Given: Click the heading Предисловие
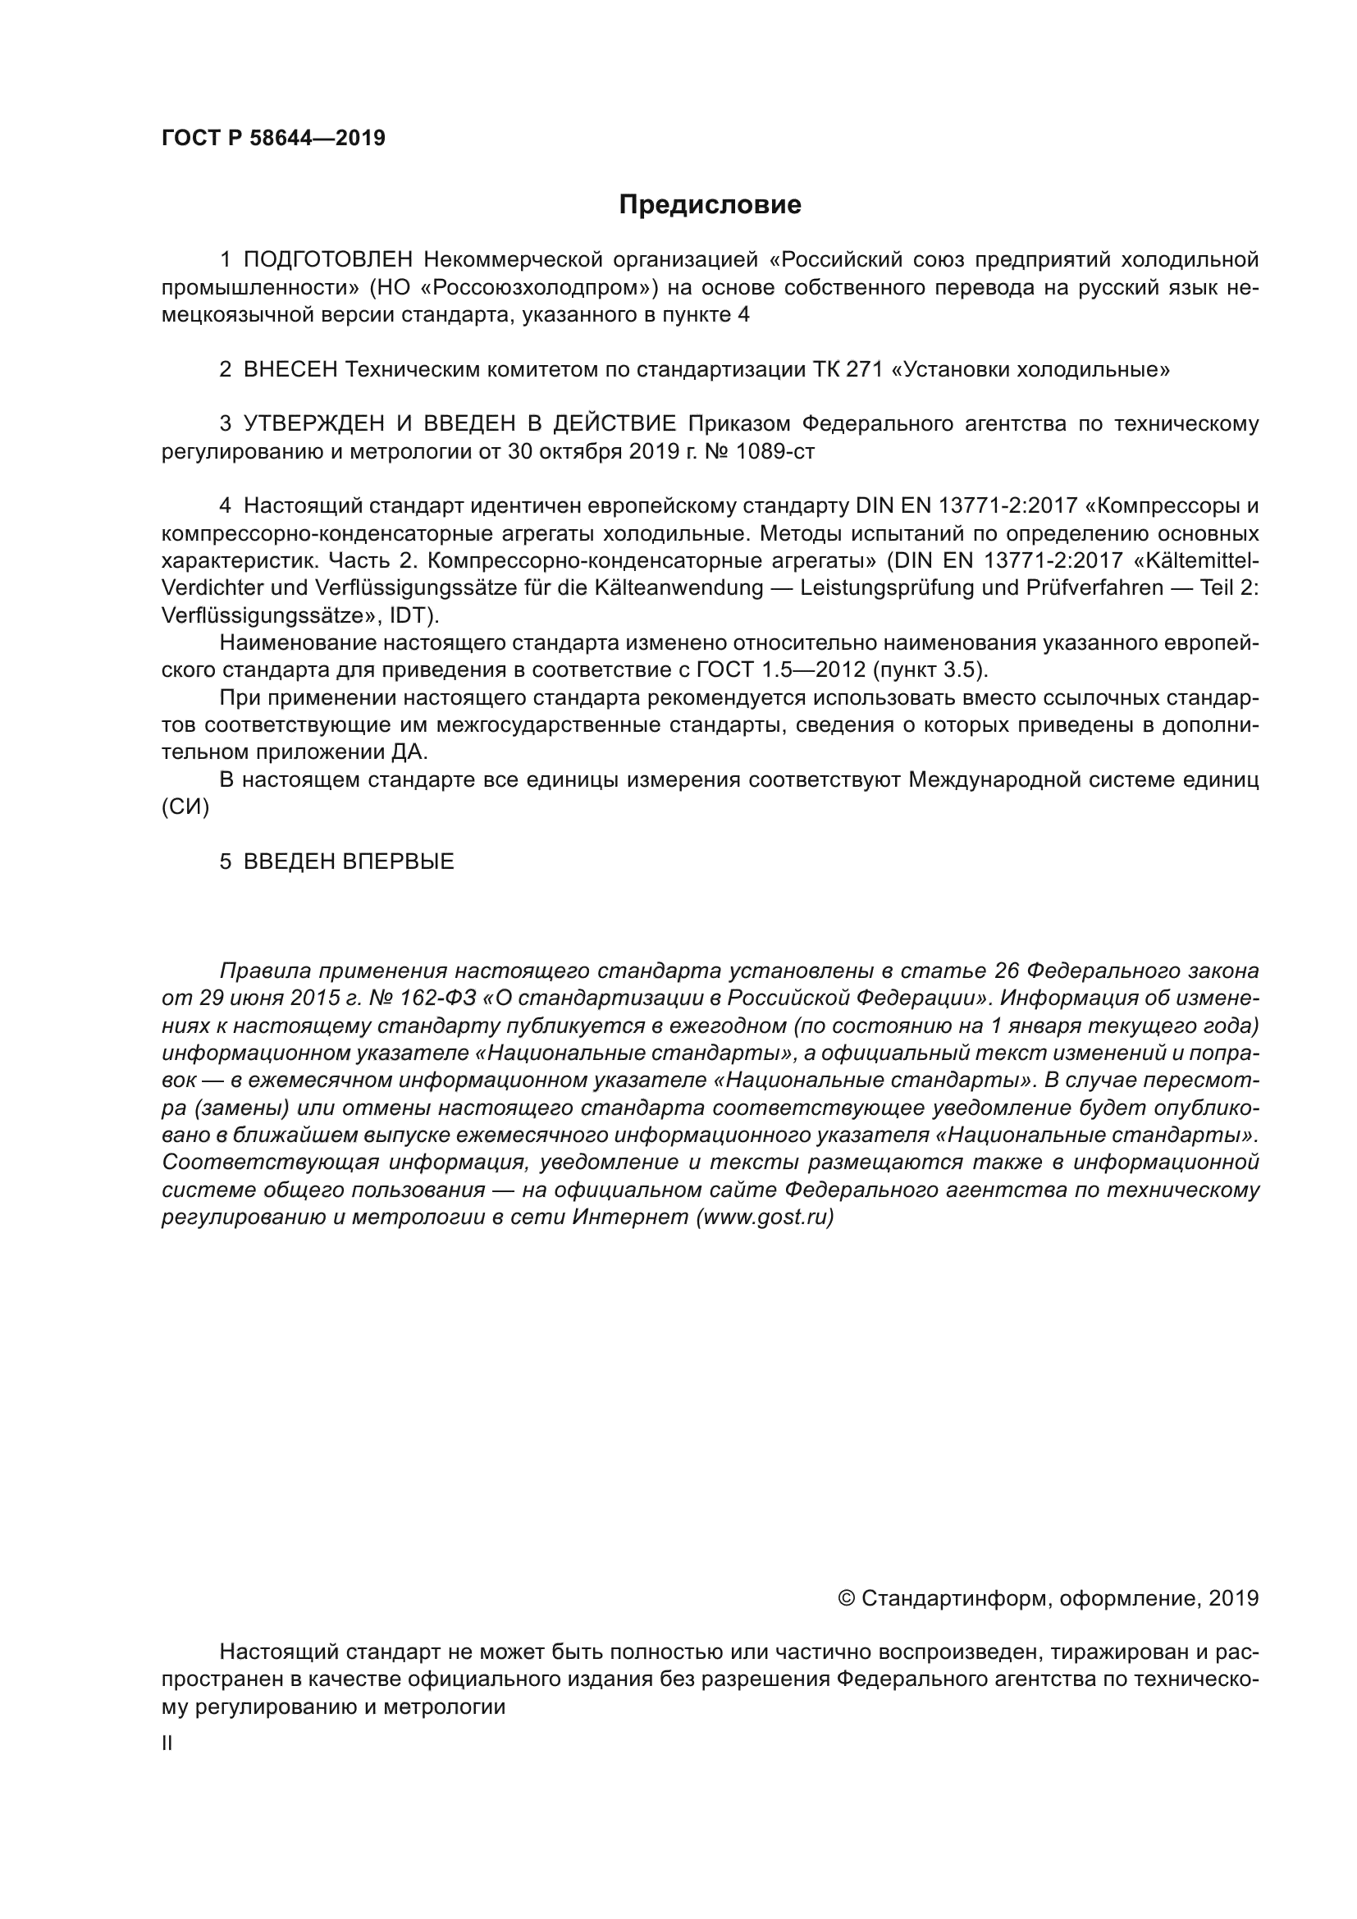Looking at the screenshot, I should tap(710, 205).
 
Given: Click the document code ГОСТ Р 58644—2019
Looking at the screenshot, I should tap(273, 138).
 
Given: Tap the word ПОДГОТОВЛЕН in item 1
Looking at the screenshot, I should tap(327, 260).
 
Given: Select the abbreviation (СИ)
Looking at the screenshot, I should tap(185, 806).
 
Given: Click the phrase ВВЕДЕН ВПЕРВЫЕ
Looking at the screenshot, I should tap(349, 861).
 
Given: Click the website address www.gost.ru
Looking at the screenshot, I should tap(765, 1217).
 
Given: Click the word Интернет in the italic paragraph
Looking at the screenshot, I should tap(631, 1217).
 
